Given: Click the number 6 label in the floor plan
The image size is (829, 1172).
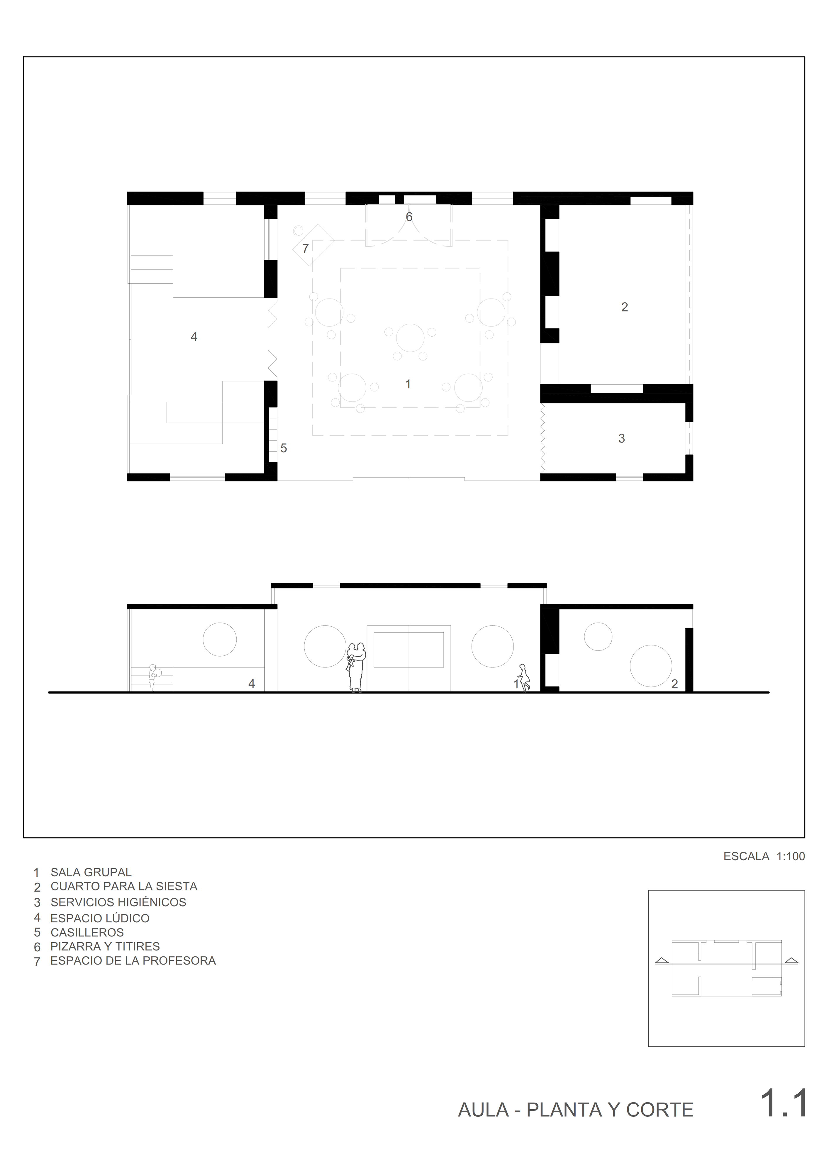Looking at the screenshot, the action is click(x=409, y=217).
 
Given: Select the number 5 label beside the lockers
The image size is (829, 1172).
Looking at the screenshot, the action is click(x=284, y=448).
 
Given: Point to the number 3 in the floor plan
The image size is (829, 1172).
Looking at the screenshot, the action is click(x=622, y=439).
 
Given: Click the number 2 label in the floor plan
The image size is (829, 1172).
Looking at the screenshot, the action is click(x=625, y=307).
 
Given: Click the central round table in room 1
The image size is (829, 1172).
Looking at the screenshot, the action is click(x=410, y=338).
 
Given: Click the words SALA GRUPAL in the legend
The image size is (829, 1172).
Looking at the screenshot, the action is click(x=91, y=872).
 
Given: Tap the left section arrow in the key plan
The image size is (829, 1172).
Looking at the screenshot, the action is click(x=662, y=960).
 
